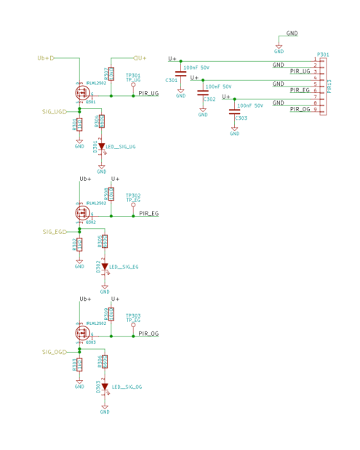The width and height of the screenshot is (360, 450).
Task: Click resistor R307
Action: pos(111,73)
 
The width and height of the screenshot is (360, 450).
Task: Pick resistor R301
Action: pos(79,124)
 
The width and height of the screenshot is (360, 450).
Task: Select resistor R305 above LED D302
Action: pos(105,241)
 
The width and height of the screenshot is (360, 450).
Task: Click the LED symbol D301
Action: pos(102,146)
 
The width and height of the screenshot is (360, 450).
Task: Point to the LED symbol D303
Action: pos(105,387)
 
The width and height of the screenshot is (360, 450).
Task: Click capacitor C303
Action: pos(234,112)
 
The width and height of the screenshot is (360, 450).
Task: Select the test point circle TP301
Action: pos(133,84)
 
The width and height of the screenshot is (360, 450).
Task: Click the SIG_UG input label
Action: pos(54,111)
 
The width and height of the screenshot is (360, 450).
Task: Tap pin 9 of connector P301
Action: pos(315,111)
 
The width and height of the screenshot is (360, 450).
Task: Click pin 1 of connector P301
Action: pos(315,60)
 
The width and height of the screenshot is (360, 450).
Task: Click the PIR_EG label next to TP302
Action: pos(148,214)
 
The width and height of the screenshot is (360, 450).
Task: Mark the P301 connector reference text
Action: pos(323,55)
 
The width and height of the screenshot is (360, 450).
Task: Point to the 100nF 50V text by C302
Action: pos(218,87)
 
